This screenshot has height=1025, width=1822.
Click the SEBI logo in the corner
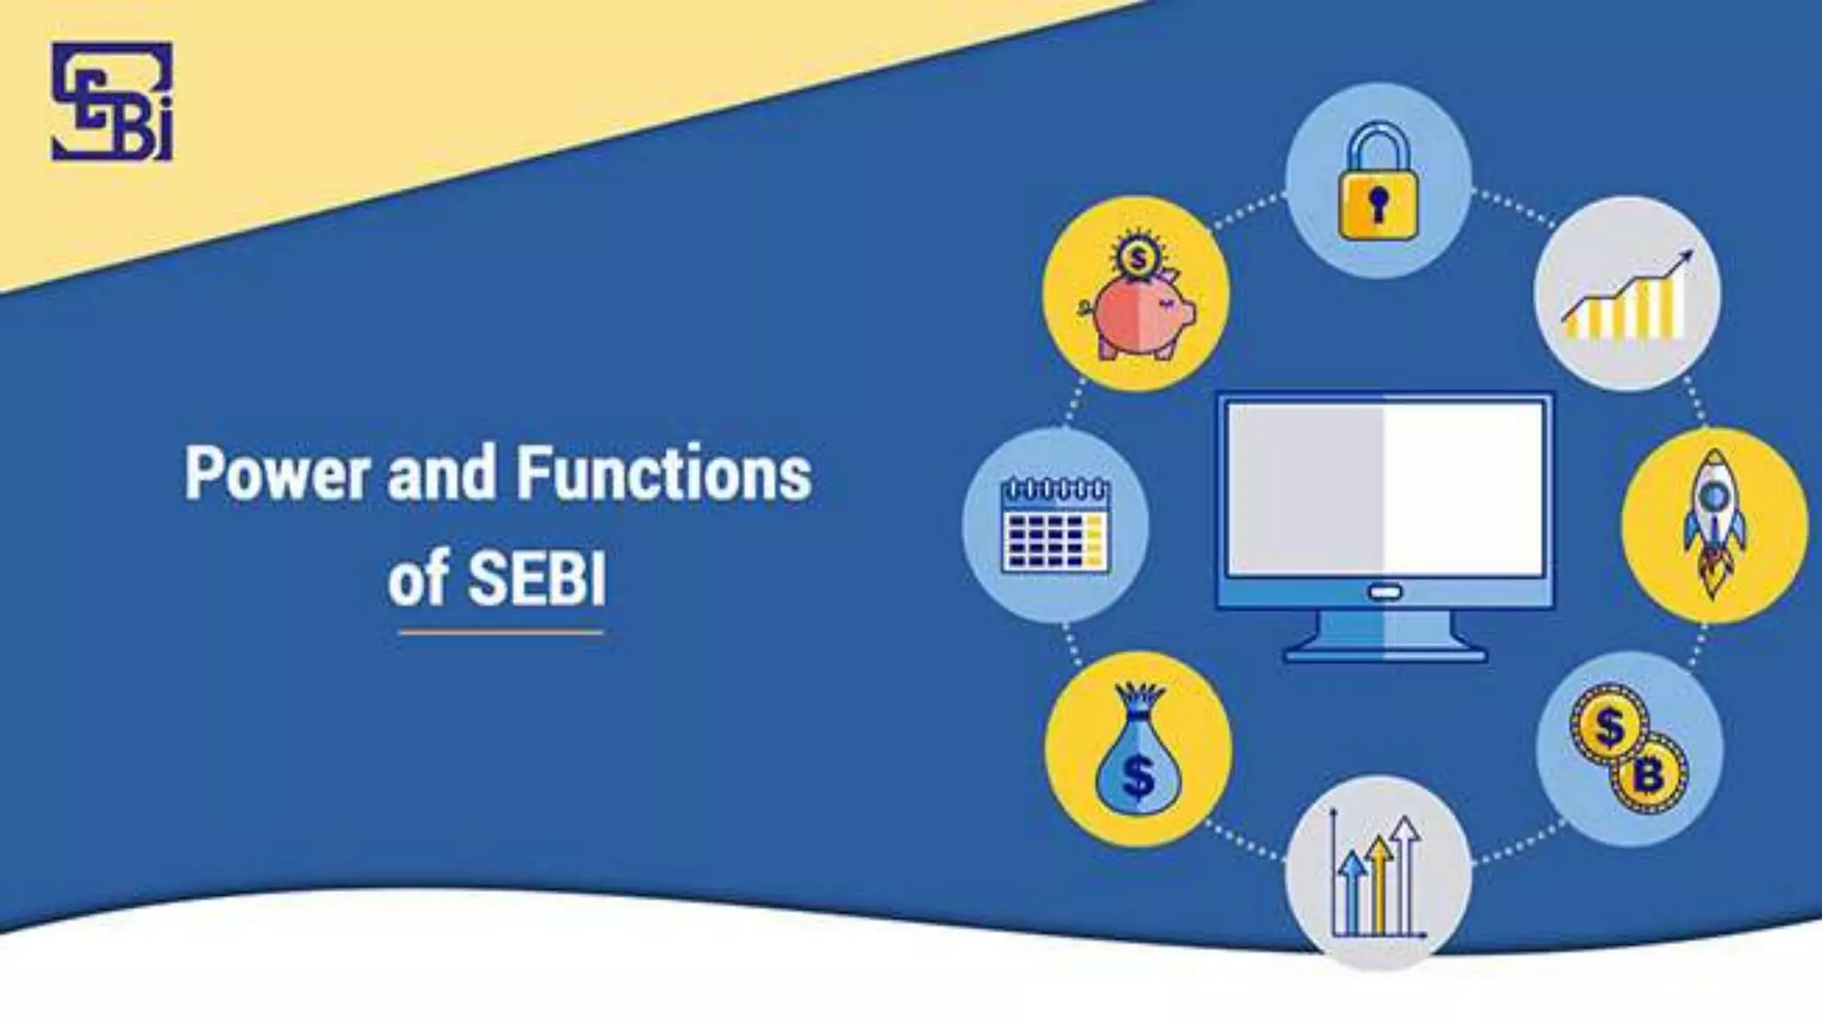click(x=112, y=101)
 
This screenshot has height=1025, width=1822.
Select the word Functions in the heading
click(x=664, y=473)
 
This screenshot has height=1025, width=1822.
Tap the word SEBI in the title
click(x=536, y=578)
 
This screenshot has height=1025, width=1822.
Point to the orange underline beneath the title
click(x=500, y=633)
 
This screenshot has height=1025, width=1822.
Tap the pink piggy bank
click(x=1137, y=316)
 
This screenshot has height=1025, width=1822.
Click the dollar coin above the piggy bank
click(x=1136, y=260)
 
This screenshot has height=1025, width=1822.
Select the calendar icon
click(x=1055, y=525)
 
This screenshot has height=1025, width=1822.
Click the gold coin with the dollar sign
click(x=1608, y=726)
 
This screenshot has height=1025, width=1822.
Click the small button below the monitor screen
click(x=1385, y=592)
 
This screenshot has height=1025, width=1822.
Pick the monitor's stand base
click(x=1385, y=653)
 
